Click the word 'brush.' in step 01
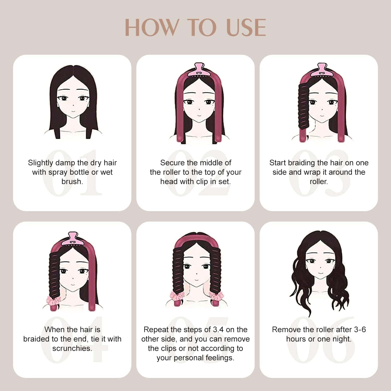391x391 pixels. [72, 181]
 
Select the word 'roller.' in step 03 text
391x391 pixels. [319, 181]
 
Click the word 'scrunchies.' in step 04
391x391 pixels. [72, 348]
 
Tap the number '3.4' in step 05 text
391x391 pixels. [218, 329]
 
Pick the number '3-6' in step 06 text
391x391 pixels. [360, 329]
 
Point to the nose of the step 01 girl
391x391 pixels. [73, 105]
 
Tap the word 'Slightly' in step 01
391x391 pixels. [40, 163]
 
